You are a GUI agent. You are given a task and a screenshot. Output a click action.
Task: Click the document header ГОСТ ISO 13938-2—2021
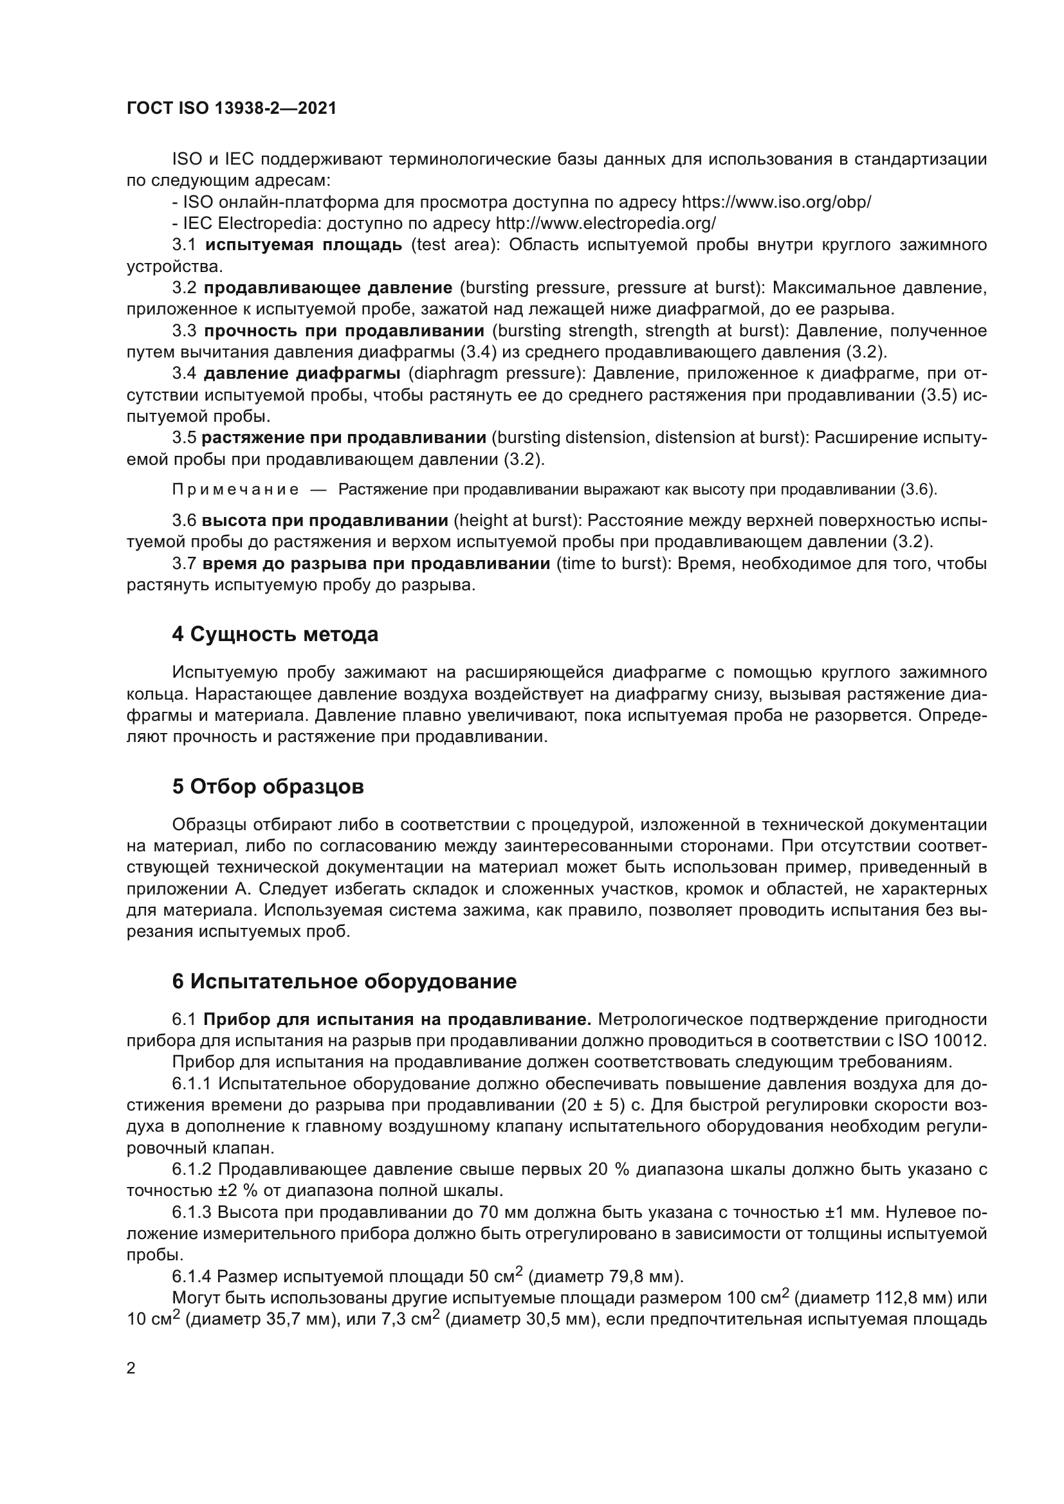click(x=232, y=109)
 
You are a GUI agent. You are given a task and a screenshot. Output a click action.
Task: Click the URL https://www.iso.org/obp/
click(x=776, y=202)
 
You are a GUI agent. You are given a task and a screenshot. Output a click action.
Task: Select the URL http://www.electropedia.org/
click(x=605, y=223)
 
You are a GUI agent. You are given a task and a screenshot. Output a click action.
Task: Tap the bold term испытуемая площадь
click(x=304, y=245)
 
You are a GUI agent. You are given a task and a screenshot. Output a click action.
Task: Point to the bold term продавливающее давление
click(x=327, y=287)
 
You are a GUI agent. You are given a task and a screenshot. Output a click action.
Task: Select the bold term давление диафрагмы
click(x=302, y=374)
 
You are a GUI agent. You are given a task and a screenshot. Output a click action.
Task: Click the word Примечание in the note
click(x=235, y=490)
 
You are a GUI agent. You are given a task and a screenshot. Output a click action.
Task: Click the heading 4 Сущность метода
click(x=275, y=634)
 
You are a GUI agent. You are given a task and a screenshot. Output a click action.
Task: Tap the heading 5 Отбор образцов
click(x=268, y=786)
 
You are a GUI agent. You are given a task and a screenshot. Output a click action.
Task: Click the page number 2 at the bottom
click(x=131, y=1368)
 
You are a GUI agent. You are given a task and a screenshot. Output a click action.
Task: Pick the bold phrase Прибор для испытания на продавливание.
click(x=397, y=1019)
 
